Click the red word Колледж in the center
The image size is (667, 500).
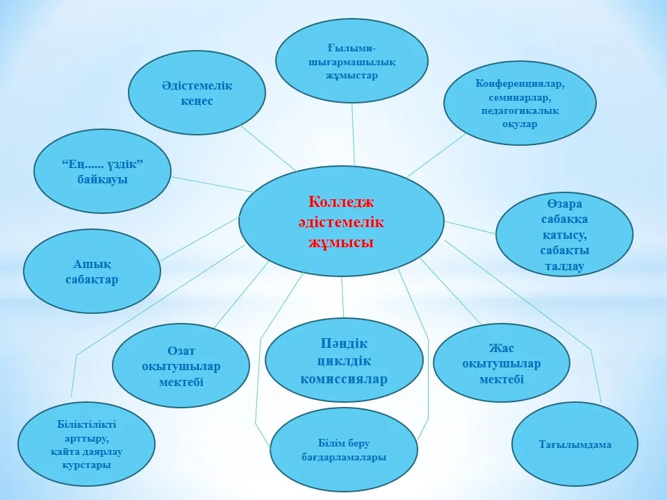coord(341,202)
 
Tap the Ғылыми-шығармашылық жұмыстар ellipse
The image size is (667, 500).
coord(352,60)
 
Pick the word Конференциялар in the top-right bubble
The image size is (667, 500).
coord(520,83)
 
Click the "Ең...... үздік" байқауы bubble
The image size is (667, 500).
coord(103,171)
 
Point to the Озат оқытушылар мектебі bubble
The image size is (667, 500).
coord(181,366)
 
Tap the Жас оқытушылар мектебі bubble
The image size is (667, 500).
coord(502,363)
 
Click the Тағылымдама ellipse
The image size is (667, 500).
coord(575,444)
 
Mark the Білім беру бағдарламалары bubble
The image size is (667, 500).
coord(344,450)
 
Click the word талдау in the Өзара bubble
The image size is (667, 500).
coord(564,266)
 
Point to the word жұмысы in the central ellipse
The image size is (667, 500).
coord(341,242)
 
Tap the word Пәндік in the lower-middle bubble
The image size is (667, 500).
coord(344,343)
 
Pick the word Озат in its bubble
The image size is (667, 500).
coord(181,351)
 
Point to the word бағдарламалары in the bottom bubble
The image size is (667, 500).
coord(344,457)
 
